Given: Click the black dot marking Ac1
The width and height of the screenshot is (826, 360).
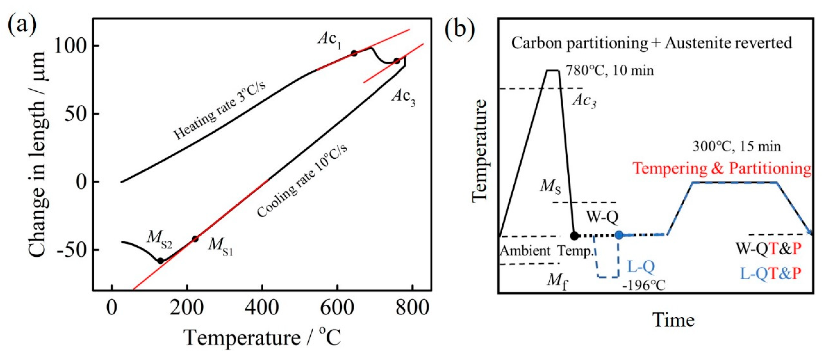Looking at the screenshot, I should click(x=354, y=53).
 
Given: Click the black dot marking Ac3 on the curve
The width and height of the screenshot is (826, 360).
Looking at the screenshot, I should click(x=397, y=61).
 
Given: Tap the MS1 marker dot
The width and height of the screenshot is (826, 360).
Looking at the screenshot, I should click(x=195, y=239).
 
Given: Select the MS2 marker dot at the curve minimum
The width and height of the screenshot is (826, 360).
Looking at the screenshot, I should click(x=160, y=261).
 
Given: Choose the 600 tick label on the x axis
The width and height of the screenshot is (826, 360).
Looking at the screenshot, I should click(x=337, y=308).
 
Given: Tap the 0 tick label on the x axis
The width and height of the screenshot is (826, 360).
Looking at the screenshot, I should click(x=112, y=308).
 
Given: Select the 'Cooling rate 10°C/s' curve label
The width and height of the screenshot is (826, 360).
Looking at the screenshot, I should click(x=302, y=180).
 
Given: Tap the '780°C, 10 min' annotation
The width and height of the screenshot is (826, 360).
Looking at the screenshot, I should click(x=609, y=71).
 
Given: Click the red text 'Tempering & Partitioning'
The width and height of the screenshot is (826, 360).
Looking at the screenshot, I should click(x=721, y=168).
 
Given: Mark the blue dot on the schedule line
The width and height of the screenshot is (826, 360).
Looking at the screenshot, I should click(x=619, y=235).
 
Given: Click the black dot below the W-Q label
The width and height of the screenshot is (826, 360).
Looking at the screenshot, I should click(x=574, y=236).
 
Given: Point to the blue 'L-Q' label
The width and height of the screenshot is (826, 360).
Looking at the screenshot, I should click(x=641, y=267).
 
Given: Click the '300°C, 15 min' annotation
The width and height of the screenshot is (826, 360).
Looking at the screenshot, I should click(x=736, y=146).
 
